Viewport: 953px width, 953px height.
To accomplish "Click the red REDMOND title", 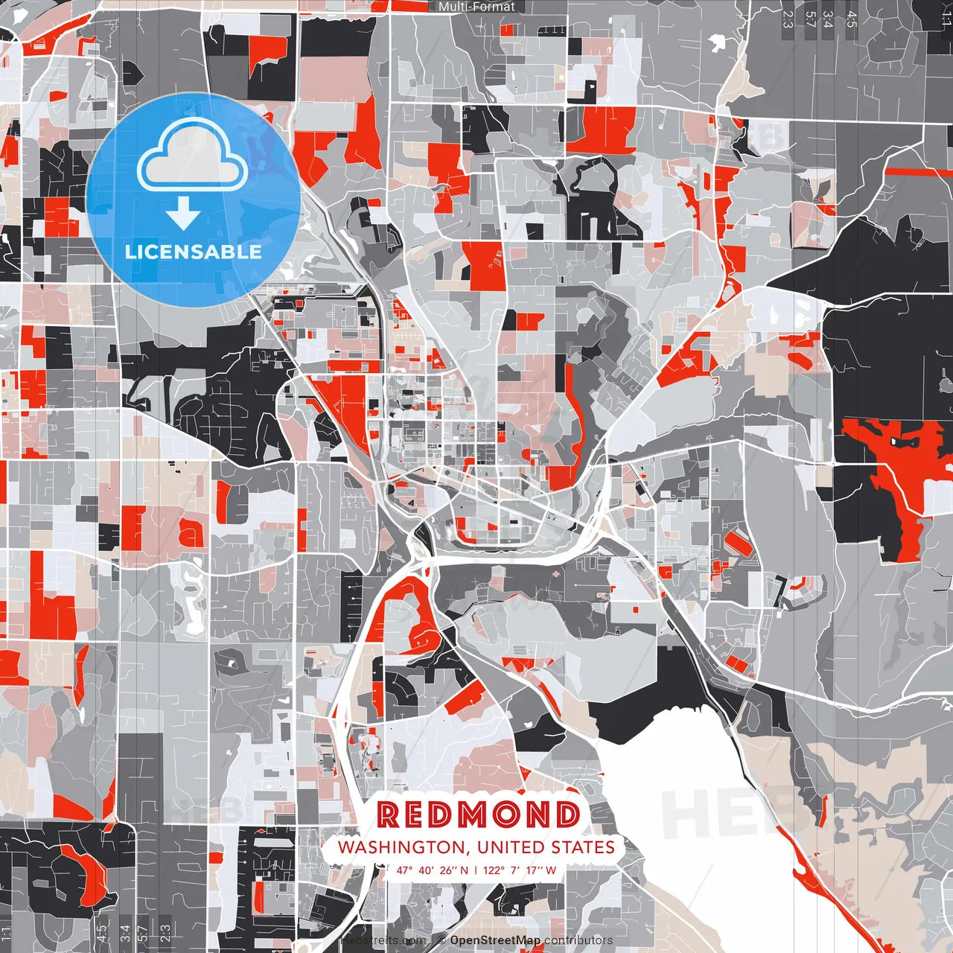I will point(478,815).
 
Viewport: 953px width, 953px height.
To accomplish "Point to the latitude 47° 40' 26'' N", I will point(432,870).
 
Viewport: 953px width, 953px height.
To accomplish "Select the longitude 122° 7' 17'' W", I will point(520,870).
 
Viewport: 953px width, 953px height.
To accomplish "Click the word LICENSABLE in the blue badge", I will point(194,252).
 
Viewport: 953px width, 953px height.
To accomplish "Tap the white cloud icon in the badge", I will point(193,156).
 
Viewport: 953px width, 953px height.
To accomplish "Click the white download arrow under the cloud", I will point(183,214).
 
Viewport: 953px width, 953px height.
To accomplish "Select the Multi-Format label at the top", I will point(476,7).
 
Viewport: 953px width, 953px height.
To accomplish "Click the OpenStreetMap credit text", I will point(495,940).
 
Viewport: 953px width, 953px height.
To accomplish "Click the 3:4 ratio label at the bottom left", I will point(125,933).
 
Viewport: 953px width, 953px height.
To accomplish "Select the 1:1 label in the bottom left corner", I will point(7,933).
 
